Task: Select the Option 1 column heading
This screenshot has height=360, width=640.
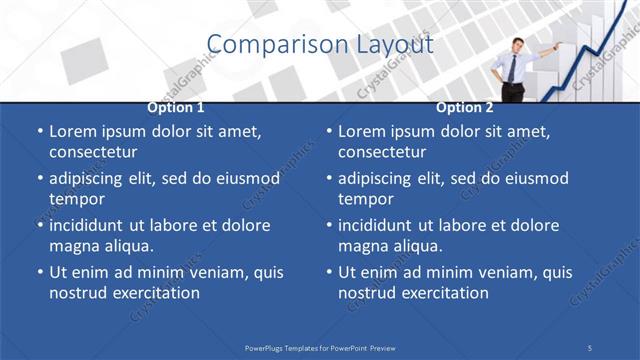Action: tap(176, 108)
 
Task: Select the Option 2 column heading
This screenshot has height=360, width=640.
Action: tap(465, 108)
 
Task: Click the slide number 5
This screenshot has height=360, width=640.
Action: tap(590, 347)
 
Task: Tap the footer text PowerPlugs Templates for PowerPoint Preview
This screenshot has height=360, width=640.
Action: tap(320, 347)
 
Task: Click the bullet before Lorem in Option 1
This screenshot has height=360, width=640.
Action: tap(39, 131)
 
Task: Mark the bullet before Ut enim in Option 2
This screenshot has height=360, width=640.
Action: tap(329, 272)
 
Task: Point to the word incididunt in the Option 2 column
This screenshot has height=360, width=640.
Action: tap(379, 225)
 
